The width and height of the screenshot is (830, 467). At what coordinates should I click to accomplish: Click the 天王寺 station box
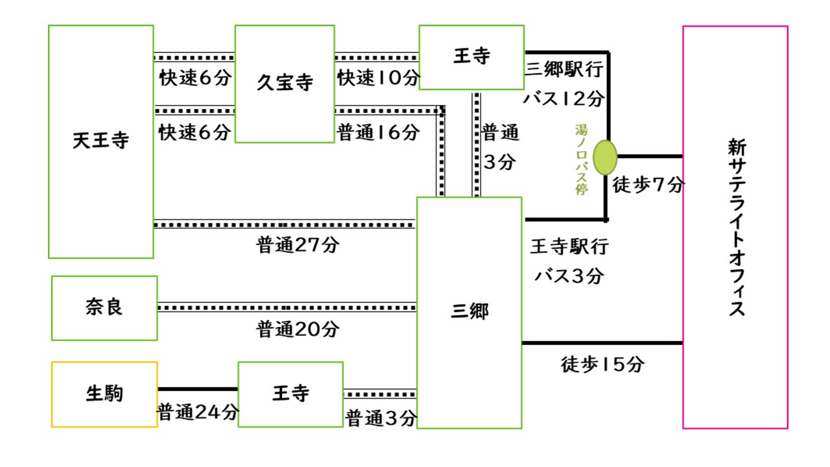101,141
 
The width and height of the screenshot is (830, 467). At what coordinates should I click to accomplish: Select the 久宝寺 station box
284,84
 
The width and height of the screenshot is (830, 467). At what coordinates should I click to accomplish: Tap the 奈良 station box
104,307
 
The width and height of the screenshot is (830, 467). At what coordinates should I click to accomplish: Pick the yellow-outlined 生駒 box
104,394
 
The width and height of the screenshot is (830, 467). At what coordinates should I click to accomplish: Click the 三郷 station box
469,312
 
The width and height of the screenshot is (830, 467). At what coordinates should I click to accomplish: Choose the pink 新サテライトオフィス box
735,227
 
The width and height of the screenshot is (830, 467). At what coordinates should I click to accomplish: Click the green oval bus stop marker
605,157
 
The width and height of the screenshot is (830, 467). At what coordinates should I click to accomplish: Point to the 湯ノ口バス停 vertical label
581,160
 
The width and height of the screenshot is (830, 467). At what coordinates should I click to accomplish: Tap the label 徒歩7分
648,186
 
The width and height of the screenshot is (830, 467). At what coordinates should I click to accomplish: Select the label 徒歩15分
602,365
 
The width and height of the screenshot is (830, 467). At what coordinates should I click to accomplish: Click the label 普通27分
298,245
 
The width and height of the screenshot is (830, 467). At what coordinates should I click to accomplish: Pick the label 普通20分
298,329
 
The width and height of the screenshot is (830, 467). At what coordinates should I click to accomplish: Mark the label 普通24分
198,412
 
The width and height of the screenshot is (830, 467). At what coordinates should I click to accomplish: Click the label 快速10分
378,78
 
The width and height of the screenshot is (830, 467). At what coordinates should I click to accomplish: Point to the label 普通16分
378,133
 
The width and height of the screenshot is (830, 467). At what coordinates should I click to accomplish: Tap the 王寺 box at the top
471,57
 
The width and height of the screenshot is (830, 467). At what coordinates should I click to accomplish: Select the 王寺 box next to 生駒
290,394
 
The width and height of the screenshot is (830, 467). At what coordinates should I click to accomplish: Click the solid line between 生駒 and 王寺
197,389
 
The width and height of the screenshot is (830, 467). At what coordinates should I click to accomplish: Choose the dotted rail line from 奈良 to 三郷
287,307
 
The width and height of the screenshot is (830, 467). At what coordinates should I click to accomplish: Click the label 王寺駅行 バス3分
569,261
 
